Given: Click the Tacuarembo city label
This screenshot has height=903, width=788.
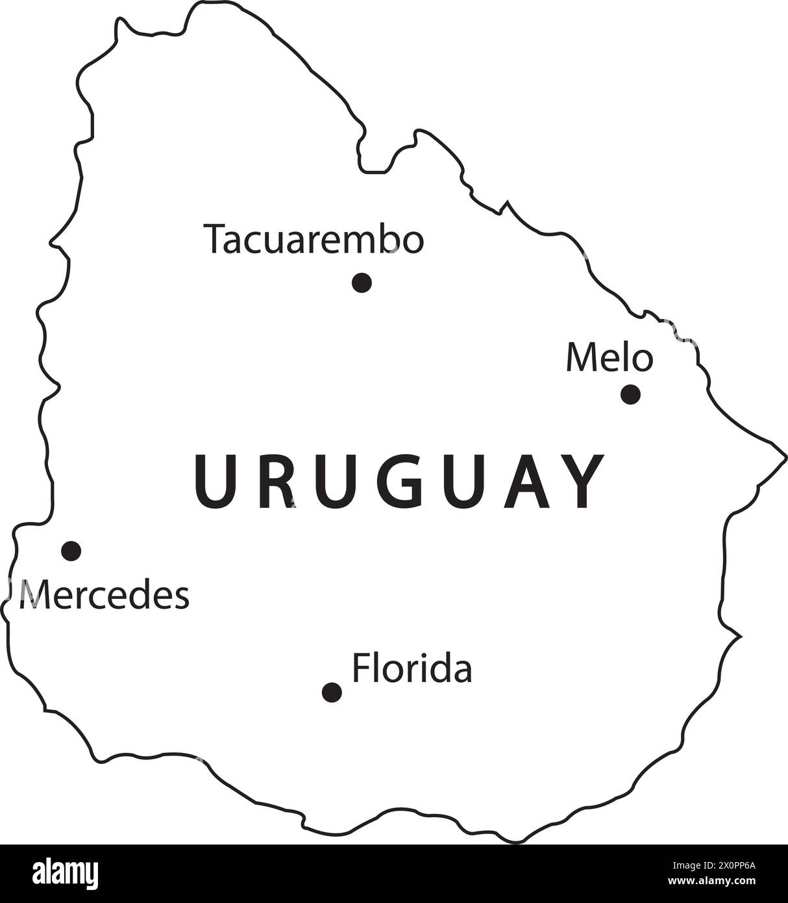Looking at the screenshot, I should point(314,240).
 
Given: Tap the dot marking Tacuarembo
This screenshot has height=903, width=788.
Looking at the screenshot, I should point(362,283).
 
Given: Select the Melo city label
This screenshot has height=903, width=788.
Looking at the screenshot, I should point(609,358).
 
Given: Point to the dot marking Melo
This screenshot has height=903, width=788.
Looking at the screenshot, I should point(630,394).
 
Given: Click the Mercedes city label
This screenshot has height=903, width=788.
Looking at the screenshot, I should point(105,595).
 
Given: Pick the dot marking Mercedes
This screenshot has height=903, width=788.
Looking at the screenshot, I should point(71,551).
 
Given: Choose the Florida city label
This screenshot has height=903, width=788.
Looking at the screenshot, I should point(412,668).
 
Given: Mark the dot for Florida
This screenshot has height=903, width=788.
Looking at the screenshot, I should point(332,692).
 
